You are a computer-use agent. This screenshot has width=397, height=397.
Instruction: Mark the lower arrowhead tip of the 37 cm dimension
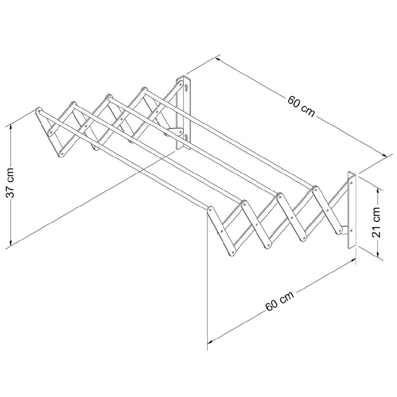10,247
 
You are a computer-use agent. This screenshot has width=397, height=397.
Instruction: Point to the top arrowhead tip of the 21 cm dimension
378,188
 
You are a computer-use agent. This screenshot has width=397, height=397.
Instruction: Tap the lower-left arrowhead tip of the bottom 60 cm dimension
208,343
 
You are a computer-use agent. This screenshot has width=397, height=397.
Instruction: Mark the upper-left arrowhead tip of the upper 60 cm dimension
215,58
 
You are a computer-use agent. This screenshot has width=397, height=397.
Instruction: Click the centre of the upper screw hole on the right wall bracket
351,183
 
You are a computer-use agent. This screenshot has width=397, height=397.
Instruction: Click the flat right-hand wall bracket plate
352,210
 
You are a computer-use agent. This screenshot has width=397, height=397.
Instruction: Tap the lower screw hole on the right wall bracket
351,230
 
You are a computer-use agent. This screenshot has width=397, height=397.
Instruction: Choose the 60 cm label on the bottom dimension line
279,301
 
